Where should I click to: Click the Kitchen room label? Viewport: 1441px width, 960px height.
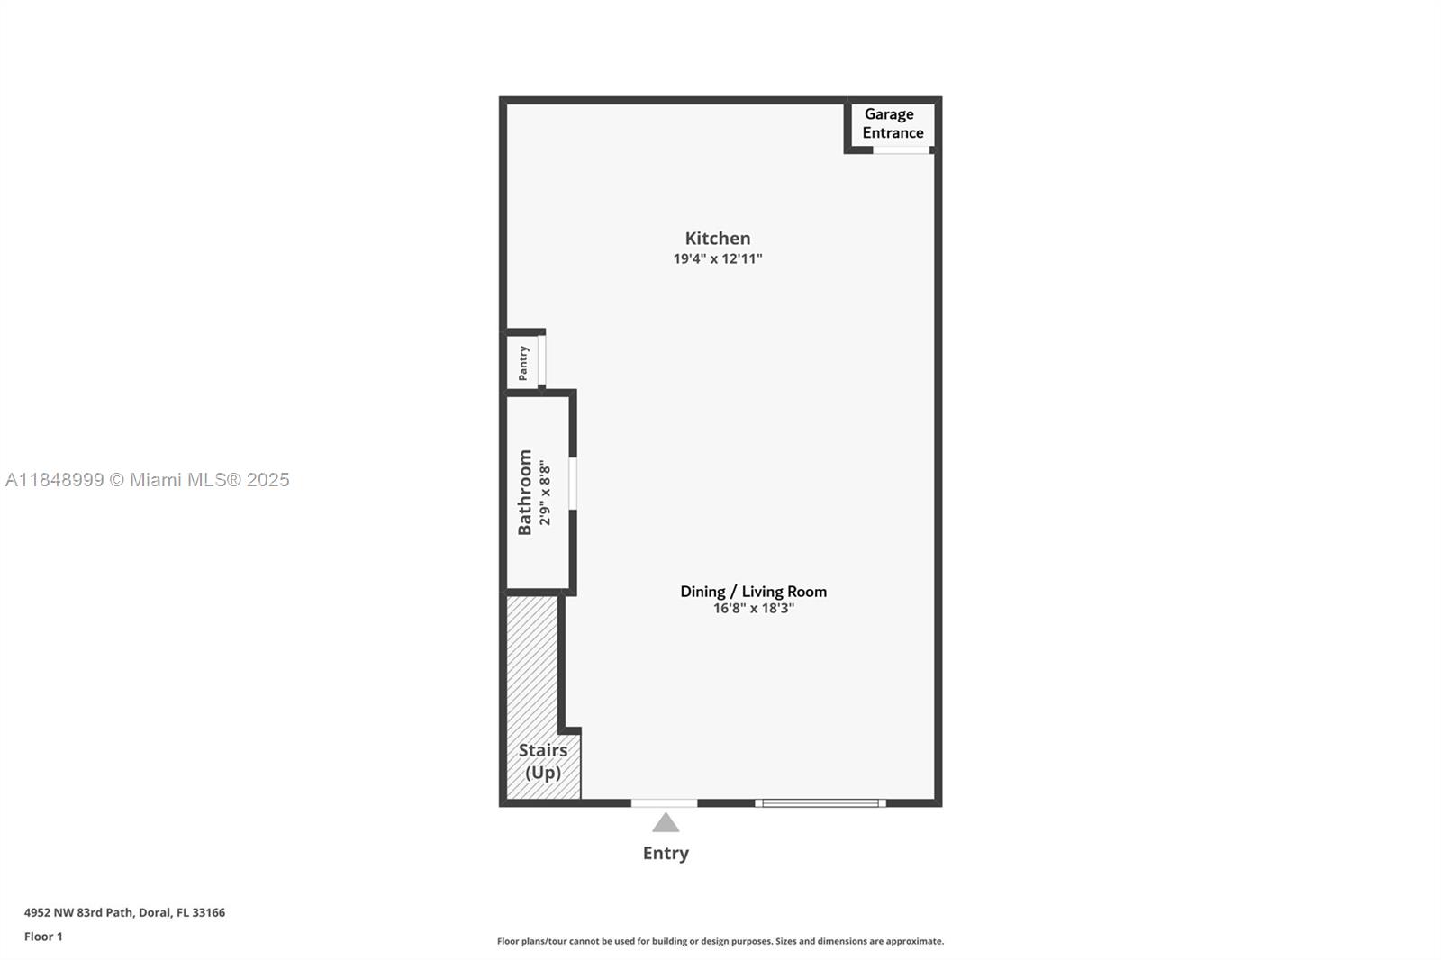pos(717,239)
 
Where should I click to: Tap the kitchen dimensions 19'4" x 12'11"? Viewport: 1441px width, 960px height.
pos(717,258)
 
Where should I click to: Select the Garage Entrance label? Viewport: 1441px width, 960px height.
pos(893,123)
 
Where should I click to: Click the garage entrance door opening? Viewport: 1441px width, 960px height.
pos(901,149)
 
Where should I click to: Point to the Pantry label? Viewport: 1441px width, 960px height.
pos(523,363)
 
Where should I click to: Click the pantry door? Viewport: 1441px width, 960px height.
pos(541,360)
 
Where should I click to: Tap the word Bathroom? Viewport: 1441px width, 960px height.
pos(525,493)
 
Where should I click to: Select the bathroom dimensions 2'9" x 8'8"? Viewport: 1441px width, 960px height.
pos(545,493)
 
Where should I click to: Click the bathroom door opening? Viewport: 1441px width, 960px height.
pos(573,484)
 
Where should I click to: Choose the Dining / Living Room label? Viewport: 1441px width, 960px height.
pos(753,592)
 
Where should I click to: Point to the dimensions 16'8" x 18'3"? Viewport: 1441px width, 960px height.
pos(753,609)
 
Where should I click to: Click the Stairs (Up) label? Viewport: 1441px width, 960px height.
pos(543,761)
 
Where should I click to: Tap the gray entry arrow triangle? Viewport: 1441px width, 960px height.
pos(666,823)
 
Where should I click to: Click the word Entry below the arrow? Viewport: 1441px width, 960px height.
pos(666,853)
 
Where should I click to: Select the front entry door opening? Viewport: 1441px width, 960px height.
pos(664,803)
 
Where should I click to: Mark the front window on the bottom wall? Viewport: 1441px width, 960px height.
pos(820,803)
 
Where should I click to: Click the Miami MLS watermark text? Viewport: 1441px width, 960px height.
pos(148,480)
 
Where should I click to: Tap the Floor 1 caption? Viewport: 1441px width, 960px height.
pos(44,937)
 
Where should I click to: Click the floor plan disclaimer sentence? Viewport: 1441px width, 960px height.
pos(720,941)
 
